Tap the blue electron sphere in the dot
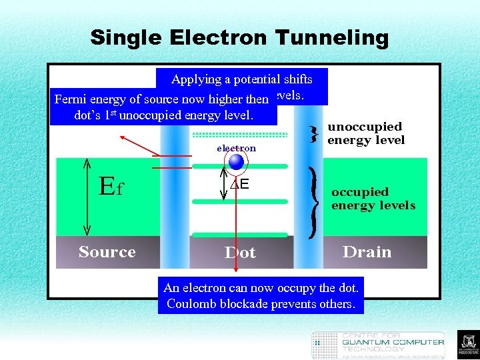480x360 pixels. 236,162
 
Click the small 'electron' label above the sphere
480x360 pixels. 236,148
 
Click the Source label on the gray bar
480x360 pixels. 107,252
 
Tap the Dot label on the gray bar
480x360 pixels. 240,253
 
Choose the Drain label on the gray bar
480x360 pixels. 367,252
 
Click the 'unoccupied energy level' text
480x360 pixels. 365,133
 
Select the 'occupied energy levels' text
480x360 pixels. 373,199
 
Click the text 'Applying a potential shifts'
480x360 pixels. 241,79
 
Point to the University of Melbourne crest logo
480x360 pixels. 468,345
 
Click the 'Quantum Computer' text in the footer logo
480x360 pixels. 393,342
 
